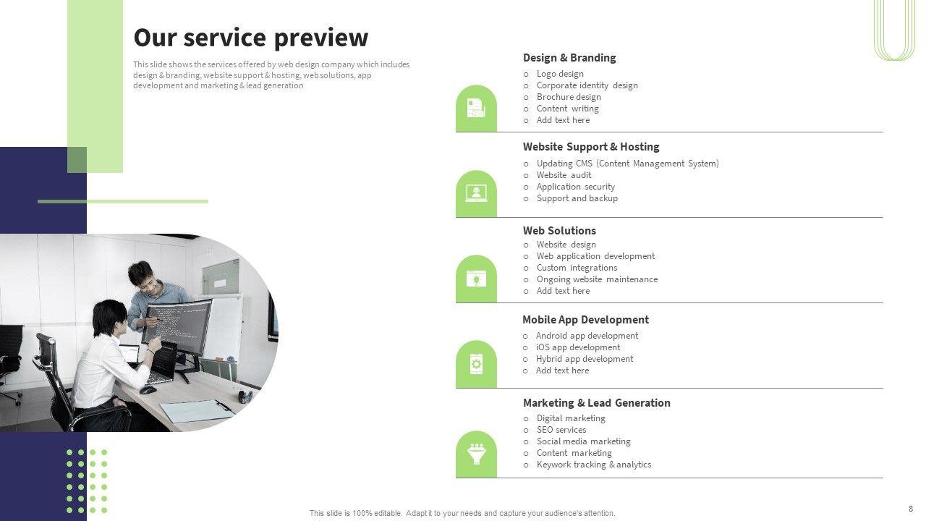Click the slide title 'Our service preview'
tap(250, 38)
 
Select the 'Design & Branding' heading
tap(569, 58)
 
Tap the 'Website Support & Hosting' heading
tap(591, 147)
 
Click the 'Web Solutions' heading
tap(559, 231)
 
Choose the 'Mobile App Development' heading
tap(585, 320)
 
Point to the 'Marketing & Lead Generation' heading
tap(596, 403)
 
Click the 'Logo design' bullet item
tap(560, 74)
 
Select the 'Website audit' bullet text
tap(564, 175)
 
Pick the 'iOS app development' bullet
tap(577, 347)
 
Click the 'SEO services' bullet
tap(561, 430)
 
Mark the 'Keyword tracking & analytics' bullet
tap(593, 465)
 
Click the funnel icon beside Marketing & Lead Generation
tap(476, 454)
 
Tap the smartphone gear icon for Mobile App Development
tap(476, 364)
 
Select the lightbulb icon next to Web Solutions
tap(476, 279)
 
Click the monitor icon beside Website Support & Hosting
tap(476, 193)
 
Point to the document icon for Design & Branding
tap(476, 109)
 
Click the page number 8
tap(911, 509)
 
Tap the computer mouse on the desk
tap(148, 389)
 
